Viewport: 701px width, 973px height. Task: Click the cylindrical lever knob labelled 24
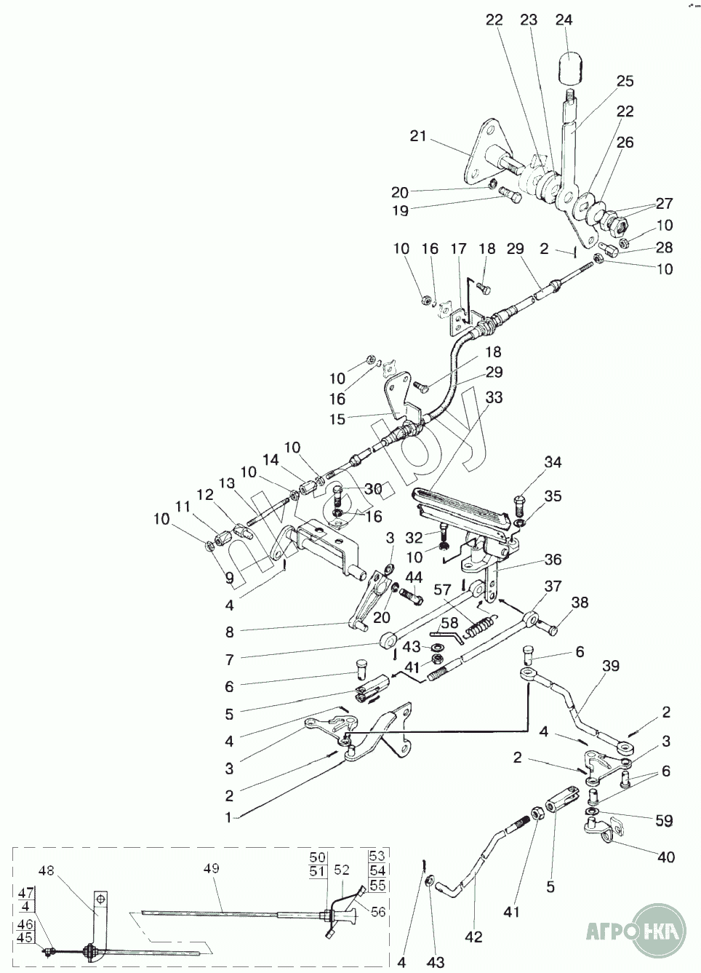(569, 68)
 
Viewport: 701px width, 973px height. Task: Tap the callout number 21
(418, 137)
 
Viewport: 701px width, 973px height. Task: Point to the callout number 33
(493, 397)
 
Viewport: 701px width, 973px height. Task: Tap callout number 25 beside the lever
(625, 82)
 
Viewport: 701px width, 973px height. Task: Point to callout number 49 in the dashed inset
(209, 868)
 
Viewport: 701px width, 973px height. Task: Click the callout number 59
(663, 821)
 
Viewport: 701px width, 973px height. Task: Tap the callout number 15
(337, 419)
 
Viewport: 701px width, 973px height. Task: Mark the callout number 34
(553, 462)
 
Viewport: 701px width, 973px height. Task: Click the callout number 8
(229, 632)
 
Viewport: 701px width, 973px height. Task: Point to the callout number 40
(666, 857)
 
